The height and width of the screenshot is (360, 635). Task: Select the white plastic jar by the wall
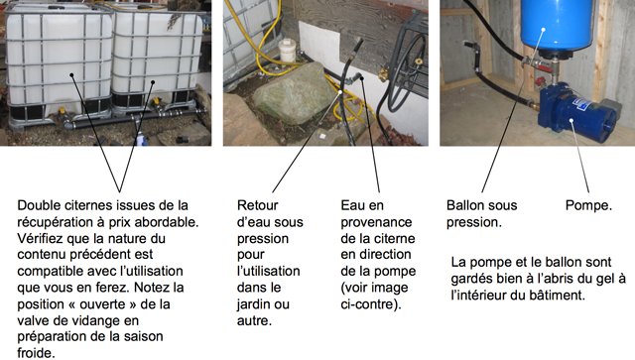(288, 51)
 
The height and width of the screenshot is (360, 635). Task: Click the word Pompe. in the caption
(588, 205)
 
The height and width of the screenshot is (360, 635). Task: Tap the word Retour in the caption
(258, 205)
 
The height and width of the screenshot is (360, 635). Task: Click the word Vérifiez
(41, 239)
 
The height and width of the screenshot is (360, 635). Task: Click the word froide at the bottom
(36, 353)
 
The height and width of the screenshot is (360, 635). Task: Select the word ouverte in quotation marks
(103, 304)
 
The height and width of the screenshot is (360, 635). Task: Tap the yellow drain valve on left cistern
(62, 111)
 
